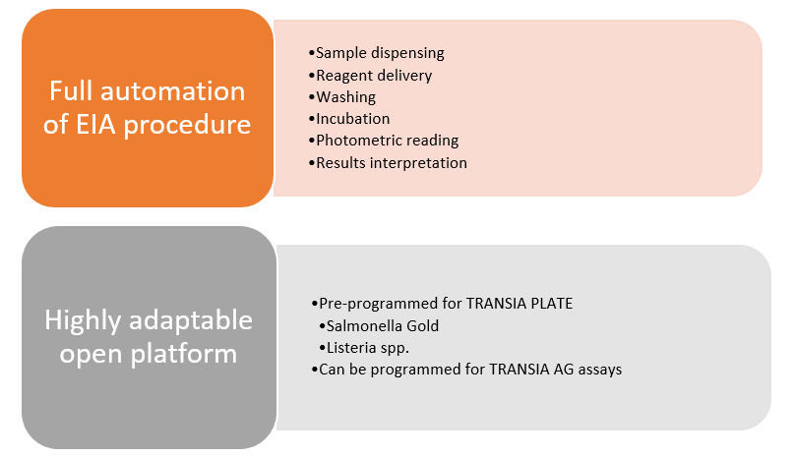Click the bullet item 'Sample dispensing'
[376, 53]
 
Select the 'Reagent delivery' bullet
[370, 76]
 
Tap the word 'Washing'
[346, 97]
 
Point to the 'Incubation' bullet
[349, 119]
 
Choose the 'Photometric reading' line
[384, 141]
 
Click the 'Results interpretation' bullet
[388, 162]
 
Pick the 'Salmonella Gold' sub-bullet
[379, 325]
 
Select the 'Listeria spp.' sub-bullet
[364, 348]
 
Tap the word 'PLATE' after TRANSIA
[552, 304]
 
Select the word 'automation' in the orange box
[173, 91]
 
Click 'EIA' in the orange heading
[95, 124]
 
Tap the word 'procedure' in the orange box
[187, 125]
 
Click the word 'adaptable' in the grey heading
[191, 321]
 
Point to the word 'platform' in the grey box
[184, 354]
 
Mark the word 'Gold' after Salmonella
[423, 325]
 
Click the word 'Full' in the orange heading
[71, 91]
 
